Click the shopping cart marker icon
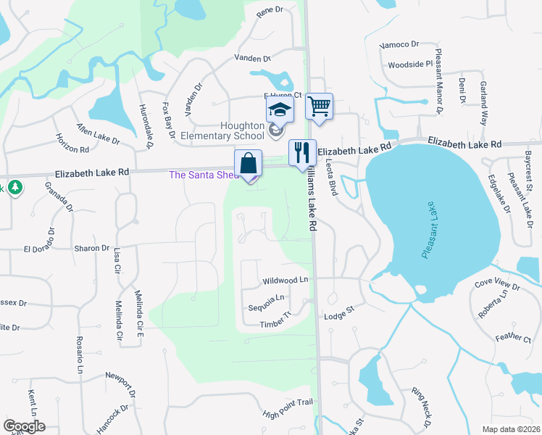pyautogui.click(x=319, y=106)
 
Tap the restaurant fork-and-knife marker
pyautogui.click(x=302, y=152)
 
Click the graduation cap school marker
pyautogui.click(x=279, y=110)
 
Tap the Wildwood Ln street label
pyautogui.click(x=285, y=280)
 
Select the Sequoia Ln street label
pyautogui.click(x=266, y=297)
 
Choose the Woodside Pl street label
pyautogui.click(x=410, y=65)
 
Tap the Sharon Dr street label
pyautogui.click(x=91, y=248)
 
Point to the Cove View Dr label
pyautogui.click(x=497, y=283)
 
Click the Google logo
pyautogui.click(x=24, y=426)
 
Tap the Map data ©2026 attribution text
pyautogui.click(x=511, y=429)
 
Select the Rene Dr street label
pyautogui.click(x=268, y=10)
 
